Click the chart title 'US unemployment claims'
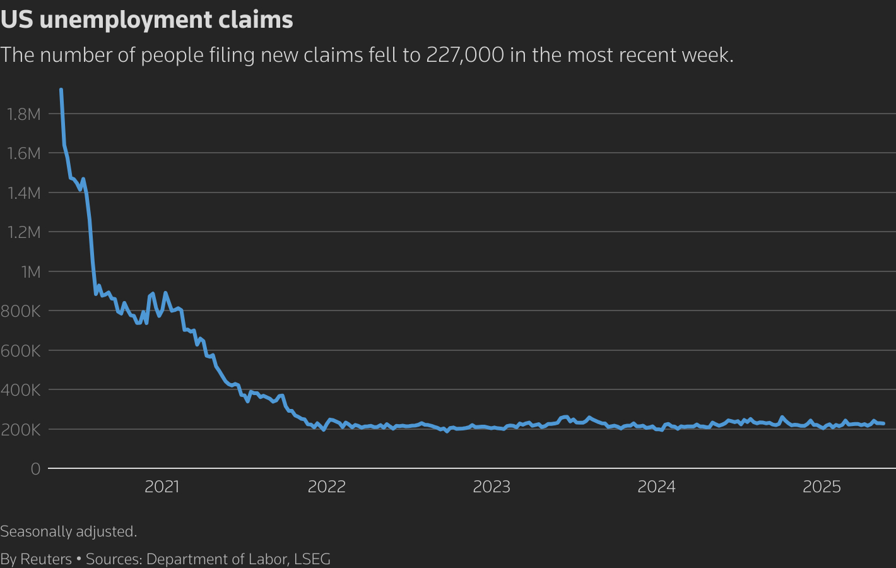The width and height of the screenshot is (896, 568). pos(146,20)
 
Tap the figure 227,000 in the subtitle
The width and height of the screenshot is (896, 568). pos(465,55)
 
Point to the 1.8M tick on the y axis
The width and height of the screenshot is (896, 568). pos(24,114)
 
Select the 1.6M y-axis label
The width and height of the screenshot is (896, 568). pos(24,153)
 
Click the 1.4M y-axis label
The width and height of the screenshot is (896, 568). pos(24,193)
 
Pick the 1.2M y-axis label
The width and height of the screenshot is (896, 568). pos(24,232)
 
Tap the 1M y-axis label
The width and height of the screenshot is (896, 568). pos(30,272)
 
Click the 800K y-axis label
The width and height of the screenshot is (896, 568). pos(21,311)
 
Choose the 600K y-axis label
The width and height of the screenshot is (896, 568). pos(21,351)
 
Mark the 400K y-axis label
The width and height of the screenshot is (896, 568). pos(21,390)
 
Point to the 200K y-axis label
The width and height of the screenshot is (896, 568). pos(21,430)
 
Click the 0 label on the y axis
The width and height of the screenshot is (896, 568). pos(35,469)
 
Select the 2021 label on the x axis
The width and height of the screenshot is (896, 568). pos(162,487)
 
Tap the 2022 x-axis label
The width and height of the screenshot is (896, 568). pos(327,487)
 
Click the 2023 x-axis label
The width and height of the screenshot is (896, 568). pos(492,487)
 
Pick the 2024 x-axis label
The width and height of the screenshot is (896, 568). pos(656,487)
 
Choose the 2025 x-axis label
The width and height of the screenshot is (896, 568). pos(822,487)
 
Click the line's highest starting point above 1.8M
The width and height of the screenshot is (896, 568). pos(61,90)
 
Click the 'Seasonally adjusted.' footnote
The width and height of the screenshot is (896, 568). pos(69,531)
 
